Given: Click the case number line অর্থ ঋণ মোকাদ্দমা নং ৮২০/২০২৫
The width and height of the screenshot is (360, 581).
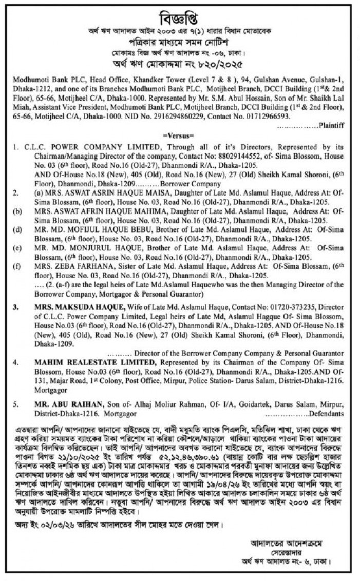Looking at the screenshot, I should (x=180, y=65).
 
